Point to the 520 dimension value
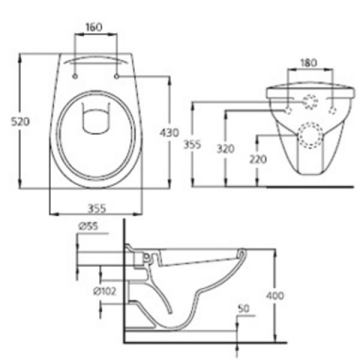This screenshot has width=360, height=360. point(20,122)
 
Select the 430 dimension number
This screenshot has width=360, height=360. point(170,133)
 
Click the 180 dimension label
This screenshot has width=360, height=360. point(308,62)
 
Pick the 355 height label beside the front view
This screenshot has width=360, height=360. point(202,145)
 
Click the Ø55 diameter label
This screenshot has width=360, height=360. point(88,226)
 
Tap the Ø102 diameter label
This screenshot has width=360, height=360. point(104,291)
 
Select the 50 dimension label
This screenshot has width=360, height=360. point(244,309)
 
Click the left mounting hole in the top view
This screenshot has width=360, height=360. point(75,76)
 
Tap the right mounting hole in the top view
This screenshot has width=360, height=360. point(115,76)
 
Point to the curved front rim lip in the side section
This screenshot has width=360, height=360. point(241,253)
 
